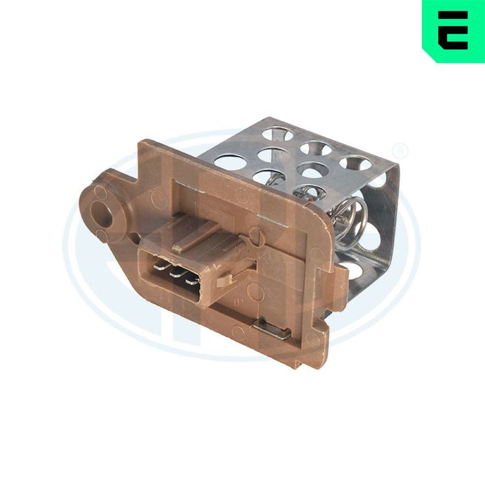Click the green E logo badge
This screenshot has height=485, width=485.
coord(453,30)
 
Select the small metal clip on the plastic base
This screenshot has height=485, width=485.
coord(273,331)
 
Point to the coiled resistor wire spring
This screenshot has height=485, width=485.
coord(350,216)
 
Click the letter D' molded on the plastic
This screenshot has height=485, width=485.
coord(239,303)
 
